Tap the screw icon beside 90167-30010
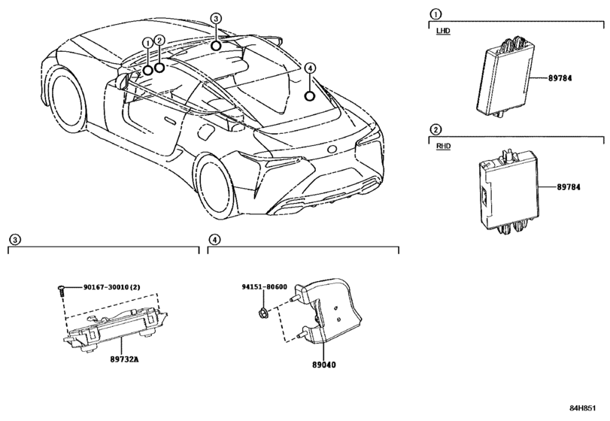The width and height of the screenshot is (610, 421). [x=59, y=291]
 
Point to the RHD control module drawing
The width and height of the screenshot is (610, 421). [x=503, y=193]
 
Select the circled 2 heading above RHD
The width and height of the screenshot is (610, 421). [x=434, y=129]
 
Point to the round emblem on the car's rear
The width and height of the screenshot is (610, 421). [x=331, y=150]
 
